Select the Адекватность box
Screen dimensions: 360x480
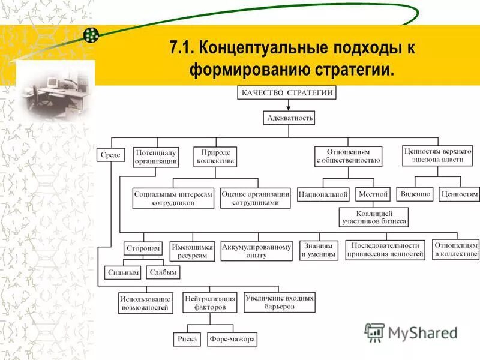coord(289,118)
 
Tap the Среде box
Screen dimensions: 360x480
coord(110,155)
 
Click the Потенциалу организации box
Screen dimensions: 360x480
coord(155,156)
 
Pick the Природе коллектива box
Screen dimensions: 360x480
coord(215,156)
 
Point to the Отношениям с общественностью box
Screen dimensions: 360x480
coord(348,156)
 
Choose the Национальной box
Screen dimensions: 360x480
coord(324,194)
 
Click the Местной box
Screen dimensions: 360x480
coord(373,194)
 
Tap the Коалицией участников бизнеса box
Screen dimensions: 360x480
coord(374,217)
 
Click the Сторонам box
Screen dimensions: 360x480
coord(143,248)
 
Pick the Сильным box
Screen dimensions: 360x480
coord(122,272)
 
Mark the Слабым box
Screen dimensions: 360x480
coord(163,272)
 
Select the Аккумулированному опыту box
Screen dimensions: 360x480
coord(256,251)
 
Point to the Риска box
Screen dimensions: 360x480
coord(187,339)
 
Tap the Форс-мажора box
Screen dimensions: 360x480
coord(232,339)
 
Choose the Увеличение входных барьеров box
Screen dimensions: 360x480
coord(279,302)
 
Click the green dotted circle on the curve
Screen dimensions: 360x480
coord(91,35)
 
